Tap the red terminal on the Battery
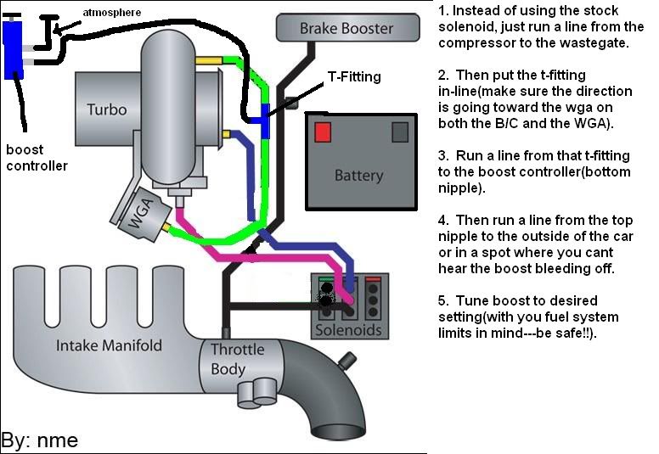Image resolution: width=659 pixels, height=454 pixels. point(323,132)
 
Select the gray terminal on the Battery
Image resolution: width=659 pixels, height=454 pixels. point(399,132)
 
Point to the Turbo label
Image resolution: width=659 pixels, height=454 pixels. point(106,109)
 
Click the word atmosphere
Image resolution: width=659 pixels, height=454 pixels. point(111,11)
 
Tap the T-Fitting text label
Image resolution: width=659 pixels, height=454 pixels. point(354,77)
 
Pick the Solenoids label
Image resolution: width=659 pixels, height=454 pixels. point(348,329)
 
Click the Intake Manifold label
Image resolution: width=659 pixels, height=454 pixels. point(109,345)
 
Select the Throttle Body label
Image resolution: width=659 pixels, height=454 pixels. point(238,359)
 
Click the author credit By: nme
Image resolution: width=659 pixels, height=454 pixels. point(40,440)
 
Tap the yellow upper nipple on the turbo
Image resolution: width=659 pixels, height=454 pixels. point(207,60)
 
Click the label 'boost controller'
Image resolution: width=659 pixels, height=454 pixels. point(37,158)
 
